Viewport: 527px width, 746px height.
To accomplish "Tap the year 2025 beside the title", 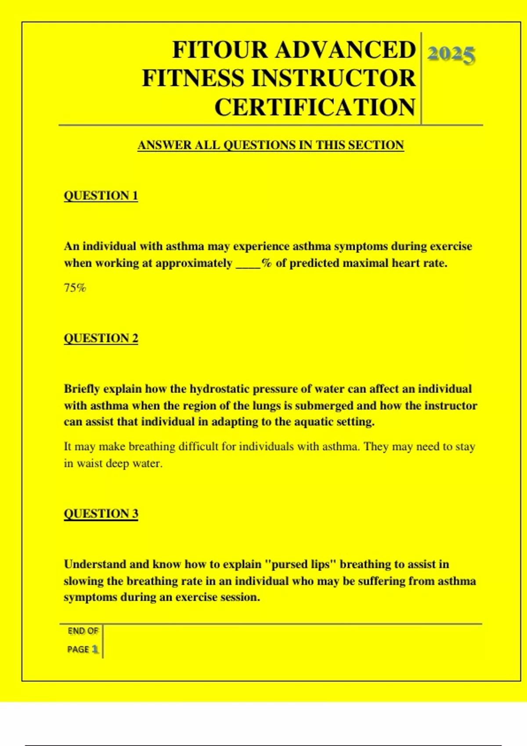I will coord(451,54).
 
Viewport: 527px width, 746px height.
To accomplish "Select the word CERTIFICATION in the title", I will coord(315,107).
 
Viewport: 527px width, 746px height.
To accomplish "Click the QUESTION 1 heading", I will coord(101,195).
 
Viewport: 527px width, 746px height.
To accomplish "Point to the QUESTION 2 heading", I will coord(101,338).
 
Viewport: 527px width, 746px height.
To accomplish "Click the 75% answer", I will coord(75,288).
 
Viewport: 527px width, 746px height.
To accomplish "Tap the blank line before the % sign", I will coord(248,264).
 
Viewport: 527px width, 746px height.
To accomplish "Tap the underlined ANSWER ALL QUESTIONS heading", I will coord(271,145).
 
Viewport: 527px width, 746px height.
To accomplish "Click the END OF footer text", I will coord(83,631).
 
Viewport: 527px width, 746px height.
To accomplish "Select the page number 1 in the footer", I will coord(95,649).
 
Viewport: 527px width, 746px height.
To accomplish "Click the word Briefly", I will coord(82,389).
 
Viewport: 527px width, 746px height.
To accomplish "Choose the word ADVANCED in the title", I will coord(345,50).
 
